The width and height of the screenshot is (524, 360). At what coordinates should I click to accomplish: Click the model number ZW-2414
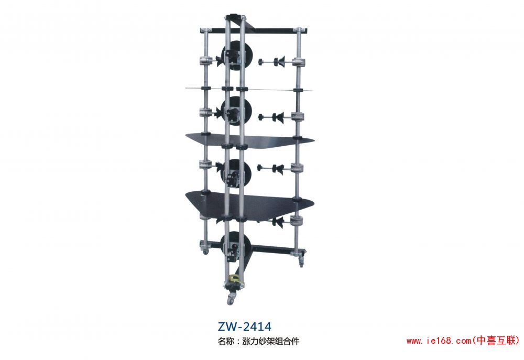245,326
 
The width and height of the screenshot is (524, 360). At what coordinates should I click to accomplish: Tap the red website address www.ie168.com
439,341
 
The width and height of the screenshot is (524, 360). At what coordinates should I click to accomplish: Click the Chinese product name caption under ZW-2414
258,341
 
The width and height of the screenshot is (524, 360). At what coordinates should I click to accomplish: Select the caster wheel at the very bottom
231,300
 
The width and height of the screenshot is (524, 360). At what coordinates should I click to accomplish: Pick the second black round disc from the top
237,111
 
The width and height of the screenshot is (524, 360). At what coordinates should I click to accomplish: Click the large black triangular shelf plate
249,204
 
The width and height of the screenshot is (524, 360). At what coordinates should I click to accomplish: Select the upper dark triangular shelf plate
249,140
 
